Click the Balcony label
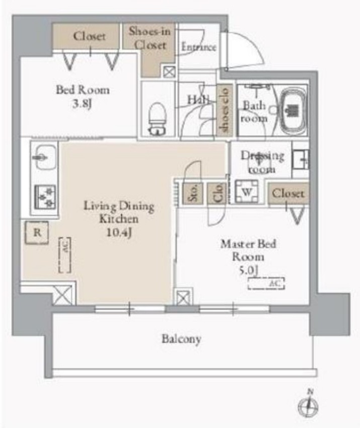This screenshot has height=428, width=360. [181, 339]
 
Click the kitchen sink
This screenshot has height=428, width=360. [44, 158]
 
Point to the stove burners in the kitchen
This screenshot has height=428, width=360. [45, 195]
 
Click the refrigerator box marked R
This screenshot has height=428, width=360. [37, 233]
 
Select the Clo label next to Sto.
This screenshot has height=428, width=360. [218, 193]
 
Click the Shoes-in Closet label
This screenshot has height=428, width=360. [150, 38]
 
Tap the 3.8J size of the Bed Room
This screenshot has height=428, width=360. [82, 104]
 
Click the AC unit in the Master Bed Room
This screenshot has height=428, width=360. [266, 283]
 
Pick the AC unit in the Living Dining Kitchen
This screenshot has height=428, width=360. [64, 255]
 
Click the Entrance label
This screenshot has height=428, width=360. [198, 47]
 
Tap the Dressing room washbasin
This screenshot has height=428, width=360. [301, 160]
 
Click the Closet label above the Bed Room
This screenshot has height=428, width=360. [89, 36]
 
